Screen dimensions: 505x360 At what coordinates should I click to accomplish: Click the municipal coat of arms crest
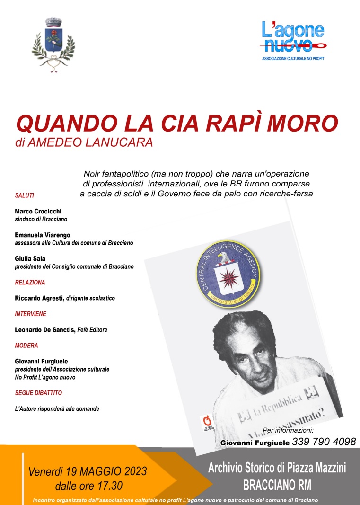click(53, 44)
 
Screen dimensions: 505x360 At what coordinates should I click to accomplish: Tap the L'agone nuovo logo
click(293, 40)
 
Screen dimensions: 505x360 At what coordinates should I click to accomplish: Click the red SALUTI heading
click(25, 195)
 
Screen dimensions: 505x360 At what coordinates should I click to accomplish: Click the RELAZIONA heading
click(30, 282)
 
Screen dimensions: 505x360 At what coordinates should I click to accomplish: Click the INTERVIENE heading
click(31, 314)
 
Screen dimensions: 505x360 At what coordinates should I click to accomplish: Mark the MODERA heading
click(26, 346)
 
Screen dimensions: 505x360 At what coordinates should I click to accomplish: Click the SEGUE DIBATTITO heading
click(39, 393)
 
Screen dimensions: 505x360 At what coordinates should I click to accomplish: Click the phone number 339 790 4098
click(324, 442)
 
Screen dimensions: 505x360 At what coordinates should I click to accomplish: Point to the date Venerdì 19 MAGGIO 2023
click(88, 471)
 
